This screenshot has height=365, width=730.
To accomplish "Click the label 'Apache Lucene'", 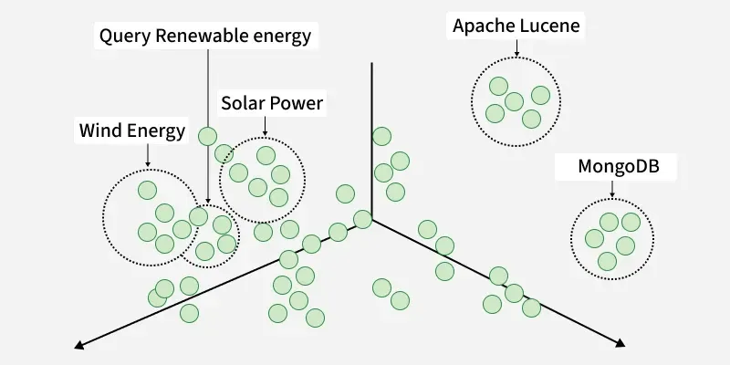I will click(516, 26).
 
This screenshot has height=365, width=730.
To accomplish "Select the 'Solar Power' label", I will click(272, 103).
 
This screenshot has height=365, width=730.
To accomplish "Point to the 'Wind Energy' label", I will click(131, 131).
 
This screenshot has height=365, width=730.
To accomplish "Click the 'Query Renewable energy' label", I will click(204, 36).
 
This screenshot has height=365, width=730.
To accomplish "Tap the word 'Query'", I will click(124, 36).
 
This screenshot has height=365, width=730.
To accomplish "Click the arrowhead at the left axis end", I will click(79, 345).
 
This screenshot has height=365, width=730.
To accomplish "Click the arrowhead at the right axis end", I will click(620, 344).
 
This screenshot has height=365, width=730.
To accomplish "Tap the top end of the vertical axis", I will click(371, 66).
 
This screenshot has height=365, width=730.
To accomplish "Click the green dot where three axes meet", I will click(362, 219).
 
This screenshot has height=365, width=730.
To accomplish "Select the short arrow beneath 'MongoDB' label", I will click(611, 189).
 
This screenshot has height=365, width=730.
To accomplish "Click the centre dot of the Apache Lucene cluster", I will click(515, 100).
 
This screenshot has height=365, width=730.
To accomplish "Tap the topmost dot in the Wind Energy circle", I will click(146, 190).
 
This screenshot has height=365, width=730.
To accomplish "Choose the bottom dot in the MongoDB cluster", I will click(607, 261).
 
